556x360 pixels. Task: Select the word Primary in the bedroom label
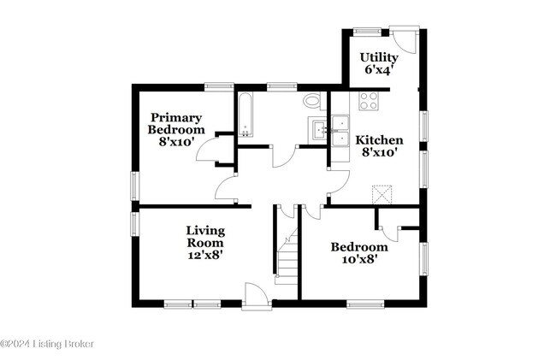click(177, 117)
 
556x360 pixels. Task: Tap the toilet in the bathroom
click(312, 101)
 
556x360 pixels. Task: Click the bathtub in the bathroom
click(245, 115)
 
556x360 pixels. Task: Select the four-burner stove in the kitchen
click(369, 101)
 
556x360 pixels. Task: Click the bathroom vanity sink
click(320, 131)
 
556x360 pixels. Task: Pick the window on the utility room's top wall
click(369, 32)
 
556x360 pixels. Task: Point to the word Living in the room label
click(206, 230)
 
